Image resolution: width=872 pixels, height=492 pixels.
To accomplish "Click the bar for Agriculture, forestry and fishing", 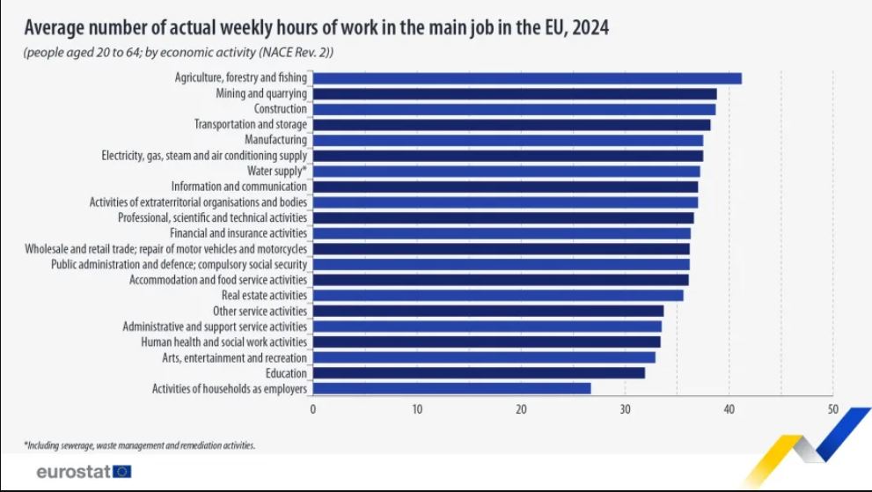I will [x=526, y=78].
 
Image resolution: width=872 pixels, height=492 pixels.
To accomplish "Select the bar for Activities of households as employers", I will [x=451, y=388].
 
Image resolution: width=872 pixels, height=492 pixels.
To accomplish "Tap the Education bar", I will [x=479, y=372].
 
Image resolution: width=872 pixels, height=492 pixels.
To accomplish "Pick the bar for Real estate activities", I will [x=497, y=295].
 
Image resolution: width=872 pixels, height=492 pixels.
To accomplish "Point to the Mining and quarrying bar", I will [x=514, y=93].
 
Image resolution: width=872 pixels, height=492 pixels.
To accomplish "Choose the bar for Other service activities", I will [x=487, y=311].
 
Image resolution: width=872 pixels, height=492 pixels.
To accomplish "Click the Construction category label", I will [x=280, y=109].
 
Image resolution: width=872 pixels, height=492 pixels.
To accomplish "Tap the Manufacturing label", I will [x=275, y=140].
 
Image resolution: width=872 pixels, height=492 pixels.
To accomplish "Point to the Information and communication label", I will [x=238, y=187].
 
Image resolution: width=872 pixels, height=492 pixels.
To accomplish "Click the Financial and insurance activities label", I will [x=238, y=233].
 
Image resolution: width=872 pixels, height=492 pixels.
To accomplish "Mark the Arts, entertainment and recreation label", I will [x=234, y=357].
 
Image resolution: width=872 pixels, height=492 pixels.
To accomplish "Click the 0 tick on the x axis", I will [x=312, y=409].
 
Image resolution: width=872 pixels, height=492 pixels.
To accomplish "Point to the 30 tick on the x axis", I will [x=625, y=409].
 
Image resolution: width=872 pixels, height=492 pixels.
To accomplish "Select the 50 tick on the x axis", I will [x=832, y=409].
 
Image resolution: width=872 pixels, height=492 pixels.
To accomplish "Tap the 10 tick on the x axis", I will [x=416, y=409].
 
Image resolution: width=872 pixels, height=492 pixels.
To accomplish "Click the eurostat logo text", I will [x=72, y=472].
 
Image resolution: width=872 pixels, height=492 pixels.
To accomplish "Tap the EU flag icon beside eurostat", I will [x=122, y=472].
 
